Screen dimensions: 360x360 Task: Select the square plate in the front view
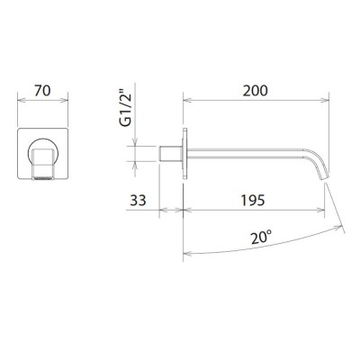[x=25, y=135]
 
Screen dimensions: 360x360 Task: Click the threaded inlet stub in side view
[x=171, y=152]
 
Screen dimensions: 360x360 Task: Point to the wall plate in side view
[x=184, y=153]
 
